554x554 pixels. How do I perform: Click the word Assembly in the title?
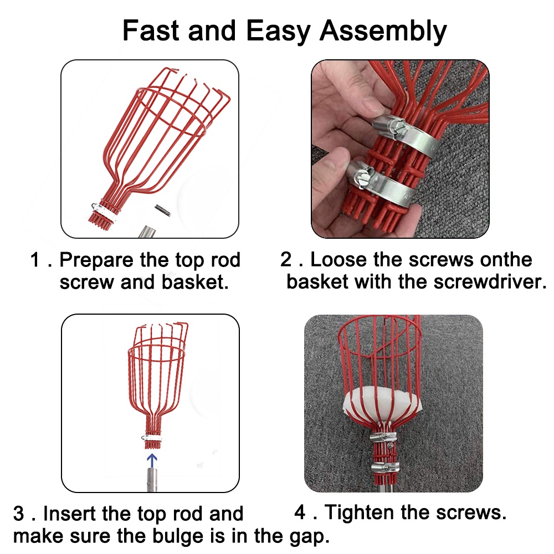tap(383, 32)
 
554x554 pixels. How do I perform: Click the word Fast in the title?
tap(151, 30)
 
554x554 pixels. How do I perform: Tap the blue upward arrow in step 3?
tap(152, 460)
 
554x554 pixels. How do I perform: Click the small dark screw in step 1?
tap(163, 210)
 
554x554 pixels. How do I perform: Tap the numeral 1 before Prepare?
tap(35, 260)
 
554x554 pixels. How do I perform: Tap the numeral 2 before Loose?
tap(286, 260)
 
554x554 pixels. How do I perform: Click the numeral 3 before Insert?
tap(19, 514)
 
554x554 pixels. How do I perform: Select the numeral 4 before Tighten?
tap(300, 512)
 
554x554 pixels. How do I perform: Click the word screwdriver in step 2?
tap(490, 282)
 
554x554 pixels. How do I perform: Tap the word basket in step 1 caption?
tap(195, 283)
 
